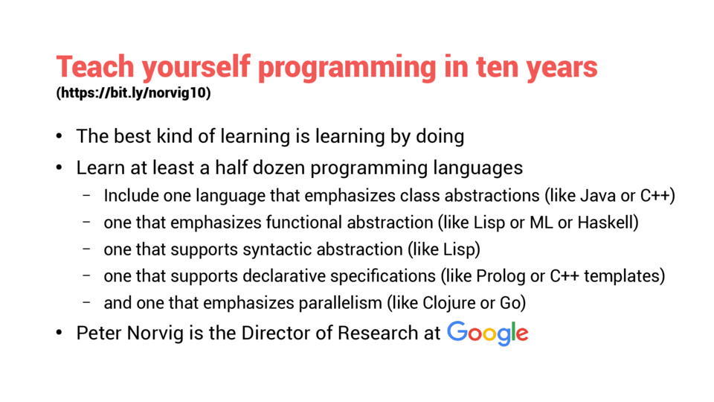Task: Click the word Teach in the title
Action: click(95, 66)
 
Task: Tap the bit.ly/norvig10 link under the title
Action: click(133, 92)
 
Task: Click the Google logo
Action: click(488, 334)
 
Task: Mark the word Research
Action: click(378, 334)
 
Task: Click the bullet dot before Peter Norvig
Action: click(59, 334)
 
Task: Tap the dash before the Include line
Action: click(86, 196)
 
